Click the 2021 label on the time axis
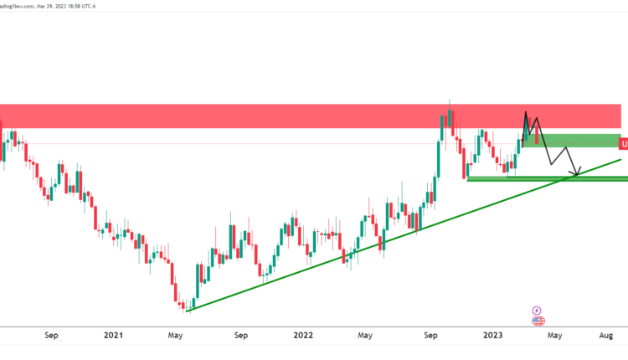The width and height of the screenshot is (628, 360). click(114, 336)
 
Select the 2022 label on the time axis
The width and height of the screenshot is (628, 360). click(303, 336)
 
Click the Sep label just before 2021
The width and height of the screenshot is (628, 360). click(51, 336)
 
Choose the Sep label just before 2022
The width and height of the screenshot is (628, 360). click(241, 336)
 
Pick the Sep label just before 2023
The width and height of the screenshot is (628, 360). click(431, 336)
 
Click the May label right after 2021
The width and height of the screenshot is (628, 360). click(175, 336)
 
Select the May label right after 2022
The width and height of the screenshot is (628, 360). click(364, 336)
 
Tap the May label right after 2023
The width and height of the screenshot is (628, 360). click(553, 336)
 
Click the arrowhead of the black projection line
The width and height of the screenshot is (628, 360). click(577, 174)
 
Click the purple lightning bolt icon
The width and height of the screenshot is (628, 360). click(538, 310)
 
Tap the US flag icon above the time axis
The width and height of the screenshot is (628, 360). click(538, 321)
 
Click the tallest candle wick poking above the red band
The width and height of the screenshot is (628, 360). click(450, 101)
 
